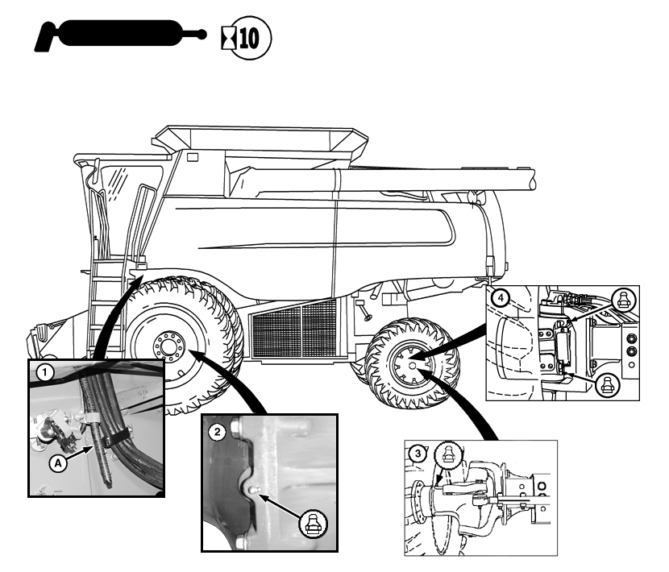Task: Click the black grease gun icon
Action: pyautogui.click(x=121, y=35)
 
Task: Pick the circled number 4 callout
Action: pyautogui.click(x=503, y=298)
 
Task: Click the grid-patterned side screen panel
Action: pyautogui.click(x=293, y=330)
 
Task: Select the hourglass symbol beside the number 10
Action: pyautogui.click(x=226, y=37)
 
